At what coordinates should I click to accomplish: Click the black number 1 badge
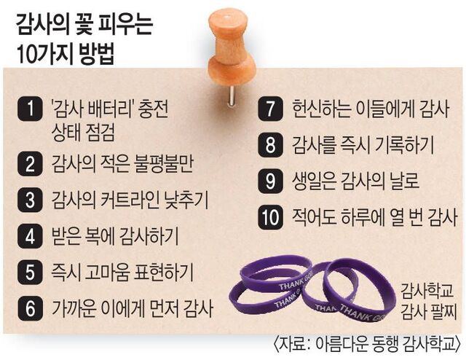click(x=30, y=109)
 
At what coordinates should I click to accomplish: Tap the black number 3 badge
click(x=30, y=200)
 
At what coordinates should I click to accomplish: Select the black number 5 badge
click(x=30, y=273)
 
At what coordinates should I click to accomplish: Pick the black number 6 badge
click(x=30, y=308)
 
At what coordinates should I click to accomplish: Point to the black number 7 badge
click(x=270, y=109)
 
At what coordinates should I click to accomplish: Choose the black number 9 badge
click(x=270, y=181)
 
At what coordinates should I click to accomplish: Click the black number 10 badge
click(x=270, y=217)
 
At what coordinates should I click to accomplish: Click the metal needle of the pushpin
click(x=232, y=95)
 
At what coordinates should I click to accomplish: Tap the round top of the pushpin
click(x=228, y=21)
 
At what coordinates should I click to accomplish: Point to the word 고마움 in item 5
click(x=107, y=273)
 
